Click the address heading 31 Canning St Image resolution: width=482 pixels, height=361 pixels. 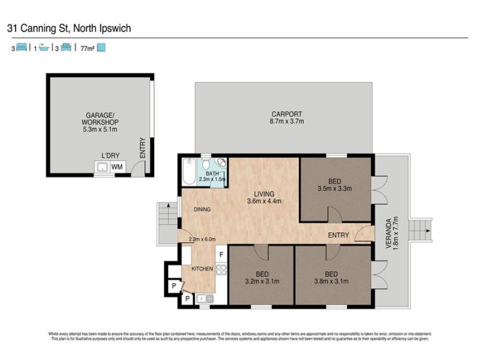point(69,28)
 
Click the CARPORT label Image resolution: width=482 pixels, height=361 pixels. point(286,114)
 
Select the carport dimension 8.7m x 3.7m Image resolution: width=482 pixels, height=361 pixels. point(287,122)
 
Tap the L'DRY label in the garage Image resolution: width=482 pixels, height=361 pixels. point(108,155)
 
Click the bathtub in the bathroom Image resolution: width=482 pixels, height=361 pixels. point(189,170)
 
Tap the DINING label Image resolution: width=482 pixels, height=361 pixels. point(202,209)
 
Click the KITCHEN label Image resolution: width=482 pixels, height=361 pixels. point(202,268)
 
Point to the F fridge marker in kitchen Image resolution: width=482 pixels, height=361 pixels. point(221,255)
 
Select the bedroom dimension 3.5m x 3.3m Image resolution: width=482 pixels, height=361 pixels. point(336,188)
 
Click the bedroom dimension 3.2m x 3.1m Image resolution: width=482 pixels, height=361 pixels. point(263,280)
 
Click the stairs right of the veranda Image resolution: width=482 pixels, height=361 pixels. point(421,229)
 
